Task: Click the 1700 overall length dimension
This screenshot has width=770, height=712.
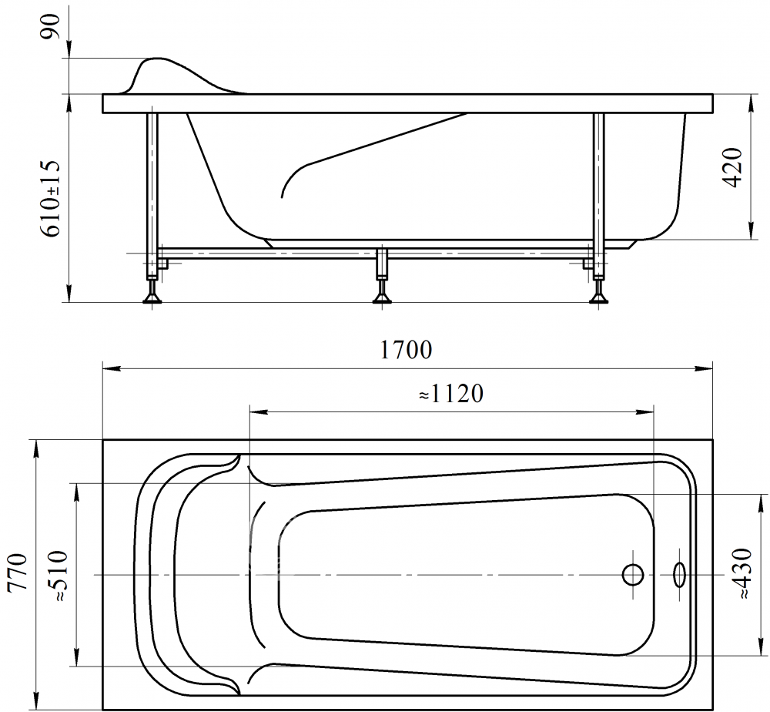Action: (407, 351)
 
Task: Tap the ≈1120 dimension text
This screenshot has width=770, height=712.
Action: (451, 394)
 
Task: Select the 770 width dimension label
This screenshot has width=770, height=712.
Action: (18, 574)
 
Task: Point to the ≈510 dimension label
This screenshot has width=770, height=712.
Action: (57, 576)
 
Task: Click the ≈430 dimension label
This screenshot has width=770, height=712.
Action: (742, 573)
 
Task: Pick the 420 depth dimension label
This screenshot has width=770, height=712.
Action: (733, 167)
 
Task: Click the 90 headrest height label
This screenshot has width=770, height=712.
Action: (51, 26)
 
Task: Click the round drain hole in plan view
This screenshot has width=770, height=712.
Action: (632, 574)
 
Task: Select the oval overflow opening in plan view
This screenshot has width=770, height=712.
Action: (680, 574)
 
